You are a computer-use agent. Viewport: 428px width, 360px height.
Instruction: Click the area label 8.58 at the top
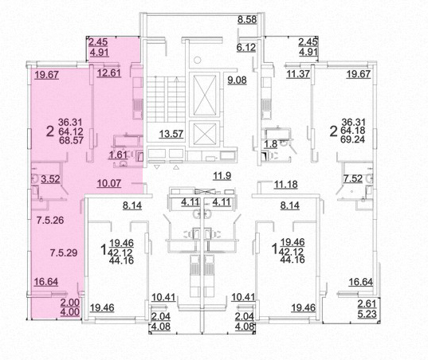247,20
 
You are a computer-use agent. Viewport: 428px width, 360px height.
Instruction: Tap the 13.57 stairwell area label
171,134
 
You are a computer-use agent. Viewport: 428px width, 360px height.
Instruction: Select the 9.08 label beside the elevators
237,80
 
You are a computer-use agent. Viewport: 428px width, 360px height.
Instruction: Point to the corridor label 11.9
222,176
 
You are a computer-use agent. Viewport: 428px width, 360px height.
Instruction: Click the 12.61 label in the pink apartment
109,73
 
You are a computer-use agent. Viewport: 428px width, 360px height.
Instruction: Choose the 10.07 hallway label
109,183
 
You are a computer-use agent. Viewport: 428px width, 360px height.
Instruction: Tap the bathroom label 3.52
50,179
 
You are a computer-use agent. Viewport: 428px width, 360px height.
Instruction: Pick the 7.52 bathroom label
353,178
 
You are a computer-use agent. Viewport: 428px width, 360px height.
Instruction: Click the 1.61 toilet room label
118,155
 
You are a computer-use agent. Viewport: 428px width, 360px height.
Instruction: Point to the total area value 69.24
353,139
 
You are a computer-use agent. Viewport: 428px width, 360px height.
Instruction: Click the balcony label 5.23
367,314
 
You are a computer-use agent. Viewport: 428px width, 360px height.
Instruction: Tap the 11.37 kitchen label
298,73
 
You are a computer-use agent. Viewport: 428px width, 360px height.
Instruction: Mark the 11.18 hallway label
286,185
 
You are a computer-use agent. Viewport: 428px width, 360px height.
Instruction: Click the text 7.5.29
64,252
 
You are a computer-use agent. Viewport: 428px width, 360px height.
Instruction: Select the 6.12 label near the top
246,48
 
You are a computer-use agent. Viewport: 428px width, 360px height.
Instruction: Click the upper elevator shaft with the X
205,94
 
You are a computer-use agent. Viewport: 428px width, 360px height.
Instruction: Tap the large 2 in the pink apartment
50,131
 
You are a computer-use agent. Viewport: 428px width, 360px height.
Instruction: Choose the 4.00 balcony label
70,311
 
